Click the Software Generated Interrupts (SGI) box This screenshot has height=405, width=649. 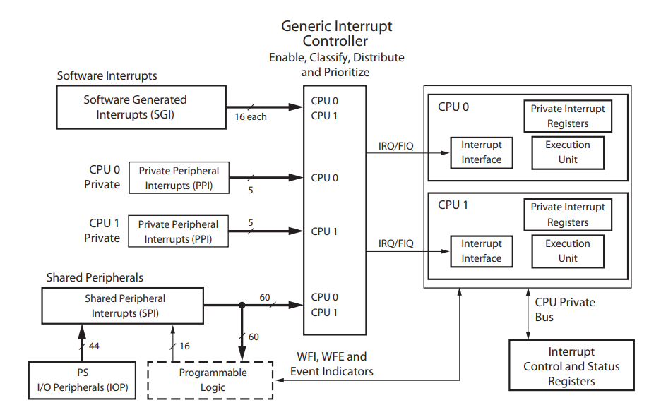point(136,107)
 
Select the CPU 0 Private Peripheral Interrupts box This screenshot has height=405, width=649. point(179,178)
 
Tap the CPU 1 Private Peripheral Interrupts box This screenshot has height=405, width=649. point(179,231)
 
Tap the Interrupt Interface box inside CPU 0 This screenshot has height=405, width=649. point(481,152)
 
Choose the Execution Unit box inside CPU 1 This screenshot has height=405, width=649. point(567,250)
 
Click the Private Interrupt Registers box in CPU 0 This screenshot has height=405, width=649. point(568,116)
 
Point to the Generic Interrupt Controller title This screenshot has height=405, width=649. point(336,33)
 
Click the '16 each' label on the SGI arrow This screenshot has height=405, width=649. point(251,117)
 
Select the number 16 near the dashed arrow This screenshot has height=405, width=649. point(185,346)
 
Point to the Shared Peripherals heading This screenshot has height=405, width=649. point(95,277)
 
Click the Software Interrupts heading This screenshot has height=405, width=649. point(107,75)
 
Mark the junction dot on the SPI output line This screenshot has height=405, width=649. point(242,306)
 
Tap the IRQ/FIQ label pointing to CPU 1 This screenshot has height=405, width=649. point(395,243)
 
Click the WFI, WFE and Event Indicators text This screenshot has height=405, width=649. point(332,364)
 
